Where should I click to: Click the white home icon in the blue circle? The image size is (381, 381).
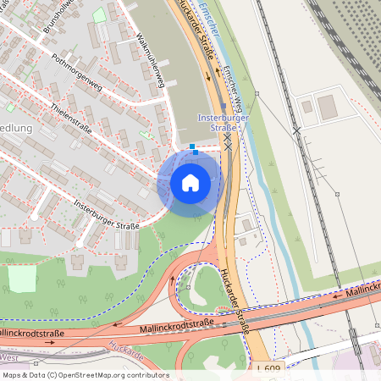click(x=190, y=182)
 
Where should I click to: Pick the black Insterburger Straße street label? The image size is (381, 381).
click(x=106, y=214)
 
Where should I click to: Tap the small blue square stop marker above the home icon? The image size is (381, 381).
click(x=194, y=146)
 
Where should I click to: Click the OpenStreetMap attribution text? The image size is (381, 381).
click(x=86, y=374)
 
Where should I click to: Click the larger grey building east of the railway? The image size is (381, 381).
click(x=327, y=107)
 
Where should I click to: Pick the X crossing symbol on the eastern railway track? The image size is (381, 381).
click(x=297, y=131)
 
